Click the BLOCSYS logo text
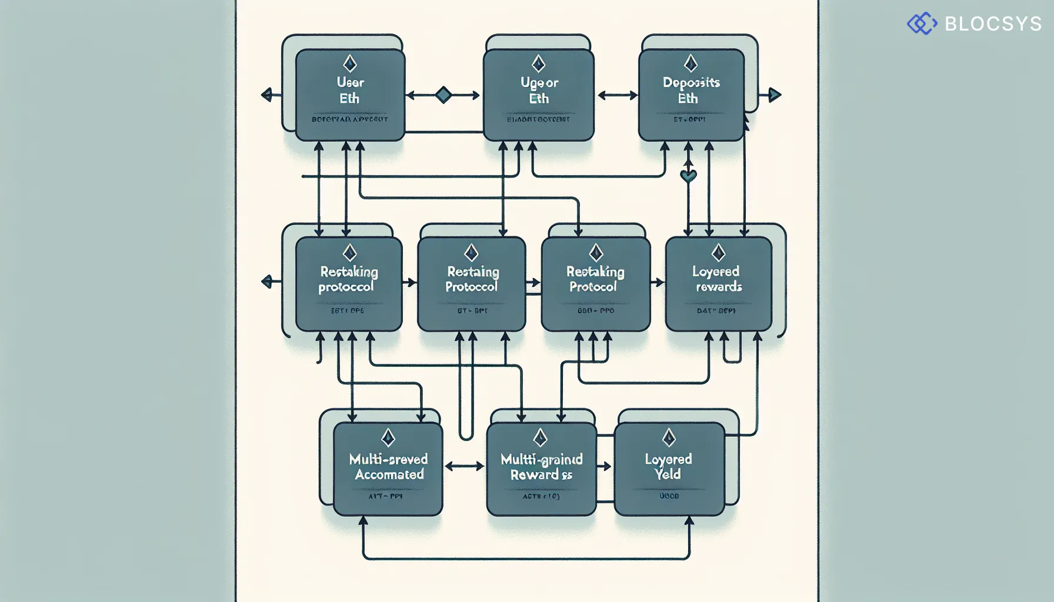click(993, 24)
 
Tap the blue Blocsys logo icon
click(922, 24)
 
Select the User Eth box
click(350, 95)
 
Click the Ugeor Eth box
click(538, 95)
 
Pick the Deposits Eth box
click(691, 95)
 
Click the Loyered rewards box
click(718, 284)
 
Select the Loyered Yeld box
click(669, 469)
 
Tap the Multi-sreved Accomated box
click(388, 469)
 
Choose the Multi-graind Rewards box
click(541, 469)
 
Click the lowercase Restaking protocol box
click(349, 284)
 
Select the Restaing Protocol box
click(471, 284)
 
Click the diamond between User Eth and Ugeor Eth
click(443, 95)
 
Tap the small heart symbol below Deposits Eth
click(688, 175)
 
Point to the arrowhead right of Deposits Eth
click(775, 95)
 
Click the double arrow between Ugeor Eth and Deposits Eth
click(617, 95)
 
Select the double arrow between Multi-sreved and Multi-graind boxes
click(464, 466)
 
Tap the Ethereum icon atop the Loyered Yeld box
click(668, 437)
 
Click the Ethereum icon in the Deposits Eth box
click(691, 63)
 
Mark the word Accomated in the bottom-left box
click(389, 474)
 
